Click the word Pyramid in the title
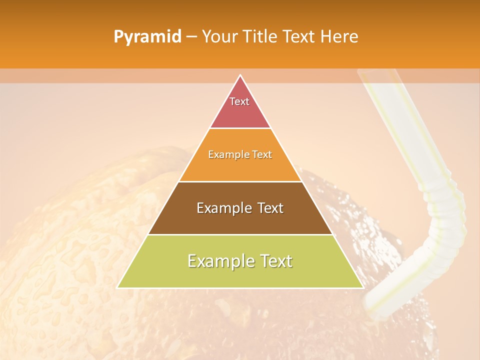point(147,37)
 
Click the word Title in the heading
point(262,36)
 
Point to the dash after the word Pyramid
point(191,37)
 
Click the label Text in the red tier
point(239,101)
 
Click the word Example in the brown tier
point(223,208)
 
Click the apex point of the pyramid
point(240,75)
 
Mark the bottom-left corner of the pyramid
point(117,287)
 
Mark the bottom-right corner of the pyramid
point(362,287)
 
